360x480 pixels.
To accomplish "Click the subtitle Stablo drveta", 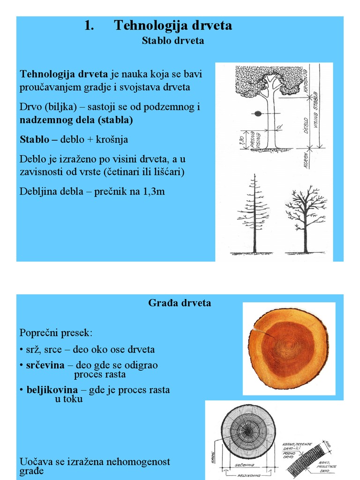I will (173, 41).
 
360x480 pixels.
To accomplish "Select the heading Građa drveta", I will (180, 303).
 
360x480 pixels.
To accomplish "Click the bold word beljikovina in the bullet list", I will (52, 390).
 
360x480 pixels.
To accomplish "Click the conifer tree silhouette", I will (254, 216).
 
